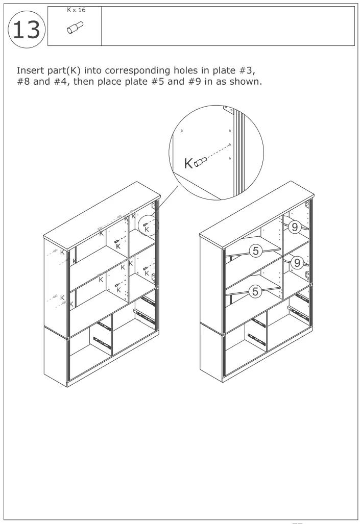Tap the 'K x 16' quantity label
click(76, 10)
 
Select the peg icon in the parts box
click(76, 27)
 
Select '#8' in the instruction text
click(23, 82)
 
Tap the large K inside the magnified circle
click(188, 163)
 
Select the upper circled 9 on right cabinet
click(295, 228)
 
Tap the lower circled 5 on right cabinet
click(255, 291)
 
